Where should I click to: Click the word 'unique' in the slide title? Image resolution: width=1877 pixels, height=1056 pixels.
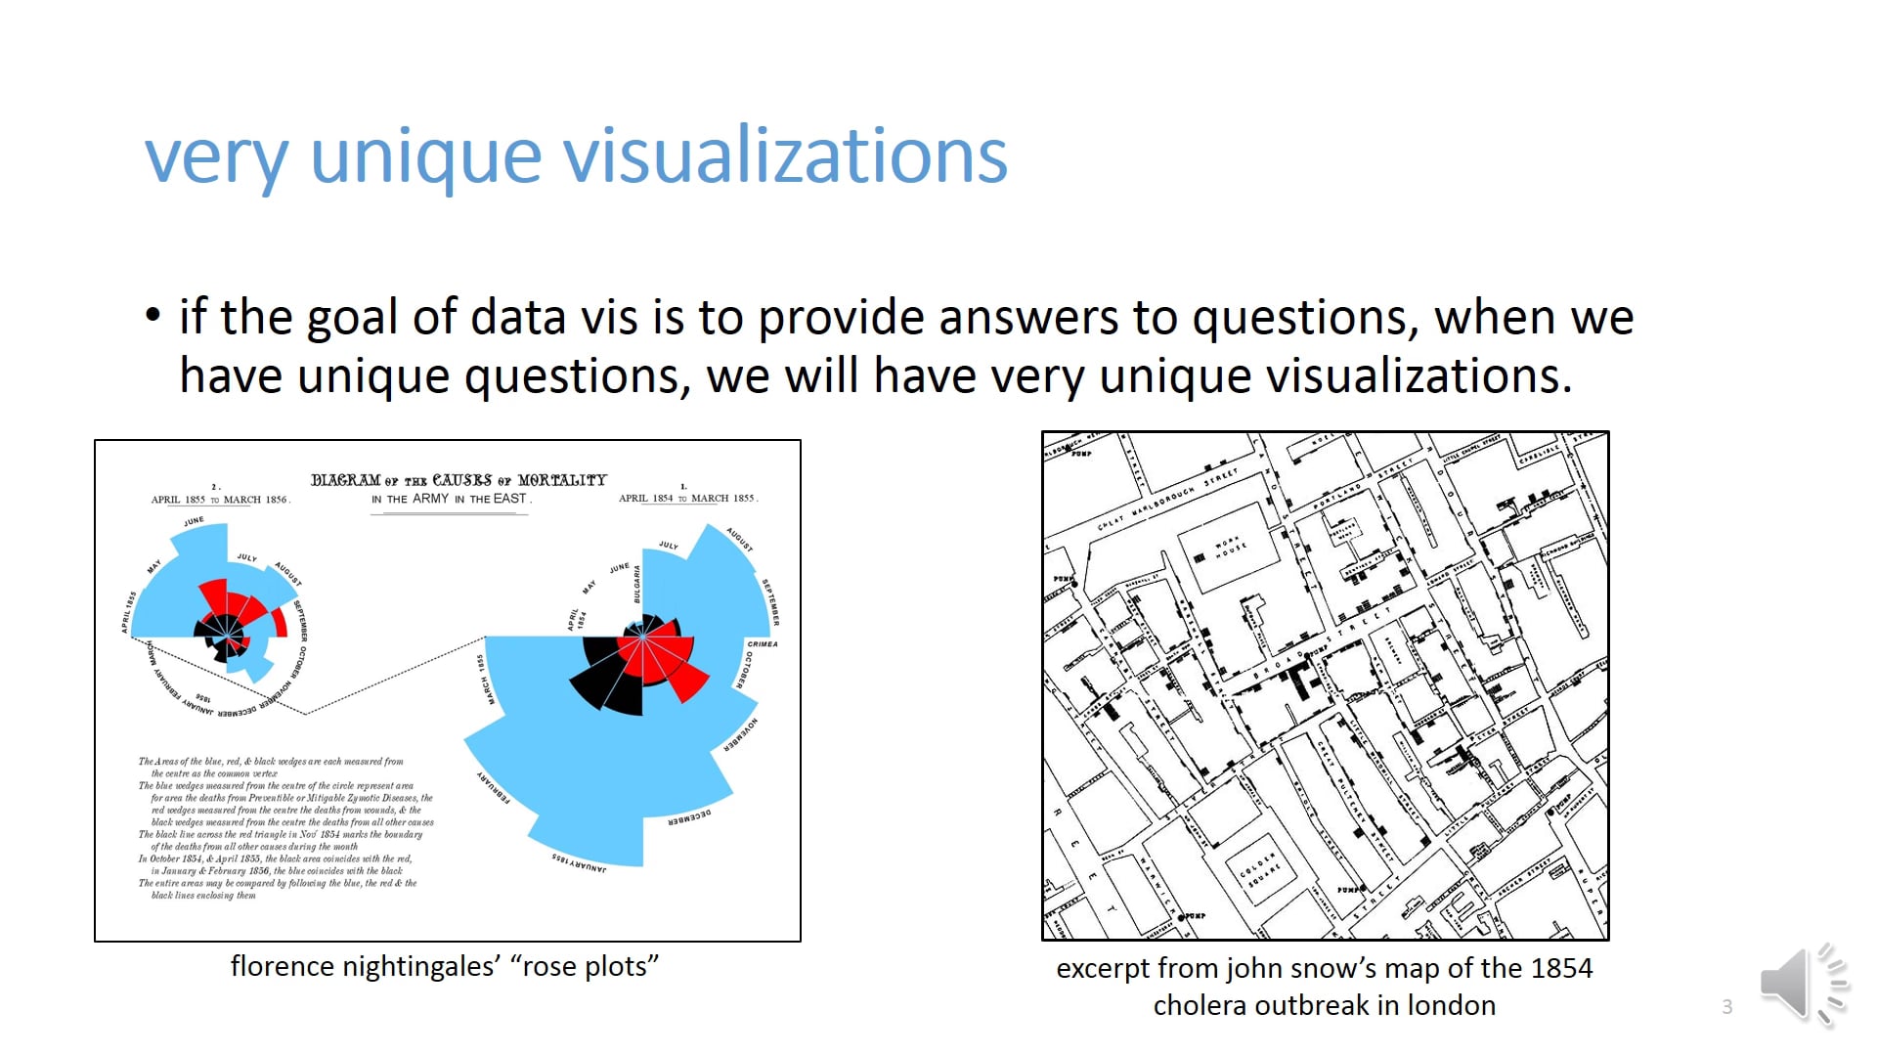425,156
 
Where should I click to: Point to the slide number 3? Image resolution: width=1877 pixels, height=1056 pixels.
1727,1007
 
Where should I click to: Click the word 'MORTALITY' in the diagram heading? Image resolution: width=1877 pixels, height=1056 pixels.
562,480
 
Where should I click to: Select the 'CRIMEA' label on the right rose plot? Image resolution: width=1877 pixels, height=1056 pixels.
763,644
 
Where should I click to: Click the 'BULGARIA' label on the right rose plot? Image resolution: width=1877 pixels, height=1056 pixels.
637,584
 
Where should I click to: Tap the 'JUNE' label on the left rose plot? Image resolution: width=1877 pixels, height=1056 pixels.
195,521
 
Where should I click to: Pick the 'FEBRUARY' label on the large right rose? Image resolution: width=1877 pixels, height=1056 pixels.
494,787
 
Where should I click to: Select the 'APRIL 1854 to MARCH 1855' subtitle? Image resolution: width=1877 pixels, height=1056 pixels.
687,499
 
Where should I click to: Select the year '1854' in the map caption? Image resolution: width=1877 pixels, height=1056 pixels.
1561,969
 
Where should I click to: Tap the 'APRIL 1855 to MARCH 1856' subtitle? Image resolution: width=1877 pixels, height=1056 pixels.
220,500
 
